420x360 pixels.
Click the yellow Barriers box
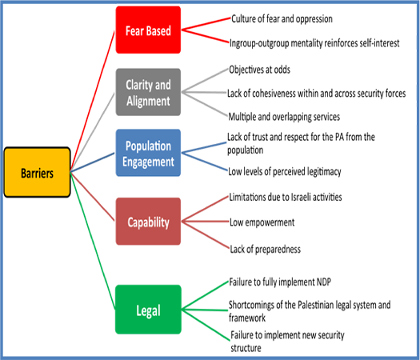[x=38, y=172]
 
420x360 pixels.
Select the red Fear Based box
[x=148, y=30]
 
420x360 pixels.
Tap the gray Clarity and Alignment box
[x=148, y=92]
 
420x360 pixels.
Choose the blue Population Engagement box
[x=148, y=153]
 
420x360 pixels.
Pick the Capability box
[x=148, y=222]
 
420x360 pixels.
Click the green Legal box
[x=148, y=310]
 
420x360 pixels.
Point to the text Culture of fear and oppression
[x=282, y=19]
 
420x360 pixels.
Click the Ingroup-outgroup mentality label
[x=314, y=43]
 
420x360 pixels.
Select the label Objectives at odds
[x=259, y=70]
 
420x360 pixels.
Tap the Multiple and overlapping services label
[x=284, y=117]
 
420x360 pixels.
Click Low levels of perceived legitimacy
[x=285, y=171]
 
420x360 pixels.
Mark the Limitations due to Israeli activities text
[x=286, y=197]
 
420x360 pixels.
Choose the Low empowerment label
[x=262, y=222]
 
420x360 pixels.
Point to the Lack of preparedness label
[x=265, y=249]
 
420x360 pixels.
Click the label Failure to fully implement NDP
[x=280, y=282]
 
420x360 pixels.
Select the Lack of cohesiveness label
[x=316, y=94]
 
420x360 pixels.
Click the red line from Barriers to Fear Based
[x=93, y=101]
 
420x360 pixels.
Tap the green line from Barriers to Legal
[x=93, y=241]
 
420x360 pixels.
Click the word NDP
[x=324, y=282]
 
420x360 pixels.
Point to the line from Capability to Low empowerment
[x=205, y=222]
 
